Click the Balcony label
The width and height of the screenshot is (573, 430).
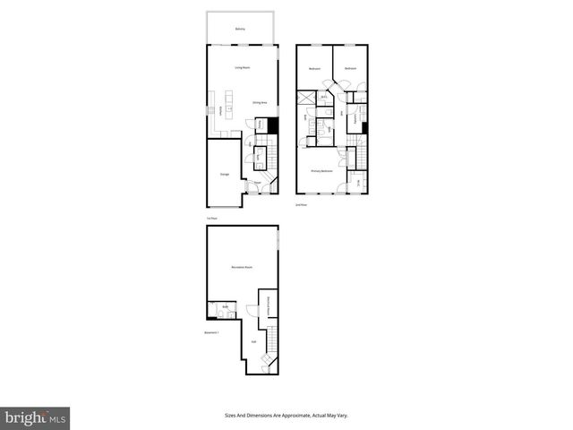[x=240, y=30]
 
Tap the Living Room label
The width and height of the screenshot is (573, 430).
[x=242, y=68]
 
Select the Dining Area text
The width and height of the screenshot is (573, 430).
[x=259, y=103]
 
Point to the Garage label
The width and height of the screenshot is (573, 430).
[x=224, y=175]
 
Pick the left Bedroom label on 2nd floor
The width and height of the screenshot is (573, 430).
[x=314, y=69]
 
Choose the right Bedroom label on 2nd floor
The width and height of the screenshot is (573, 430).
[x=350, y=69]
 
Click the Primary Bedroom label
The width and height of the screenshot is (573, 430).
[x=321, y=171]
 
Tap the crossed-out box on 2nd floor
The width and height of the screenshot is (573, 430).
[x=306, y=99]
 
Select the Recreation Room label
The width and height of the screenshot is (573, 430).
[x=239, y=268]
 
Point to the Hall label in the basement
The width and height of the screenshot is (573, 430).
[x=253, y=341]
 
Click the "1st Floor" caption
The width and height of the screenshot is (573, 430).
[x=212, y=218]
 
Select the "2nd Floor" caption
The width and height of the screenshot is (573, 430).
[x=301, y=205]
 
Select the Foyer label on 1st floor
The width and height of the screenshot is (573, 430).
[x=256, y=182]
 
